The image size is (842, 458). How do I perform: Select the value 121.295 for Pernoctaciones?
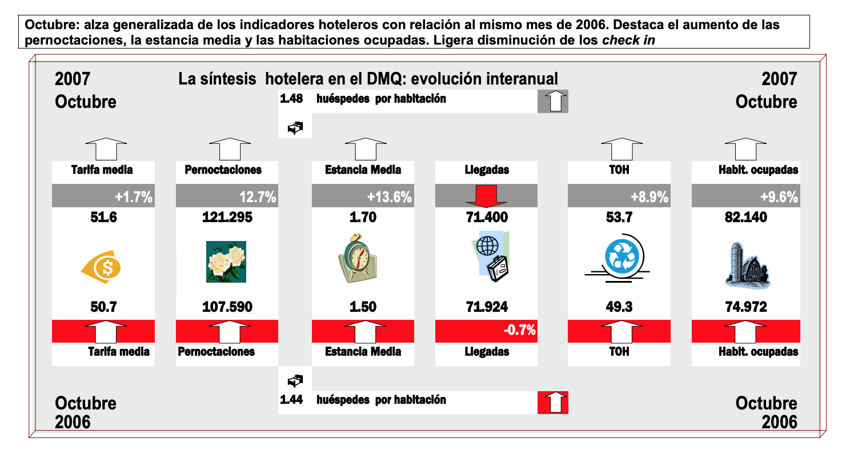click(x=227, y=218)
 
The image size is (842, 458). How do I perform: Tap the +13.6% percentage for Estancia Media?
click(x=389, y=198)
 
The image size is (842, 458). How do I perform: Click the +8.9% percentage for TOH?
click(x=649, y=198)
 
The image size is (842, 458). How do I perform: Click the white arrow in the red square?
click(x=552, y=402)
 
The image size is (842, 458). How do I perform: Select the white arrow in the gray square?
click(x=552, y=101)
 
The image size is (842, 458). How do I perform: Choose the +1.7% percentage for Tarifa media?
click(x=133, y=198)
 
